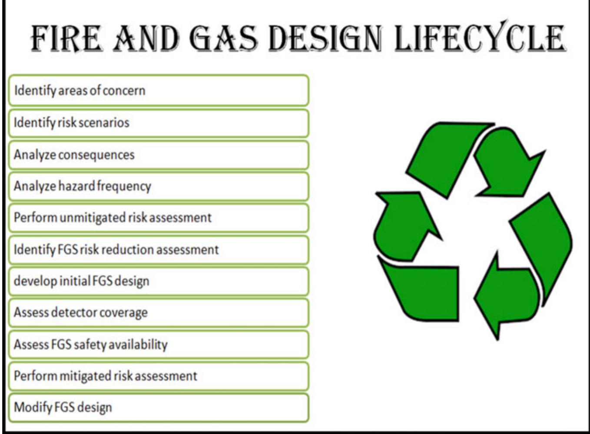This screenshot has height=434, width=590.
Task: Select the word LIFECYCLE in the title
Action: coord(480,38)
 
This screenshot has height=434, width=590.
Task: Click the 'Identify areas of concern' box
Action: coord(159,91)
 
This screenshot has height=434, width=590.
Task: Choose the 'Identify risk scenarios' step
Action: coord(159,123)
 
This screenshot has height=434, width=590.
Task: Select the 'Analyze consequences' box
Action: coord(159,155)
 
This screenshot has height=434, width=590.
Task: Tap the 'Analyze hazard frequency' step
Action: coord(159,186)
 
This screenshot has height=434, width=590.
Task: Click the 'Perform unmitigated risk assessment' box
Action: coord(159,218)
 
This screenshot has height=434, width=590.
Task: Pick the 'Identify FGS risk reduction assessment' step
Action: coord(159,250)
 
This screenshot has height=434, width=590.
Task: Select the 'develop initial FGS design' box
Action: coord(159,281)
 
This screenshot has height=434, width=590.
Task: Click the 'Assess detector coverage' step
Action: coord(159,313)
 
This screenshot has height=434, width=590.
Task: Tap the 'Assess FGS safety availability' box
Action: coord(159,345)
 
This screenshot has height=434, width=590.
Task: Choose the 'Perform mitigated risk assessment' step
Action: coord(159,376)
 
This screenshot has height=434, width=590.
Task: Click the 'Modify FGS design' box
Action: coord(159,407)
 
